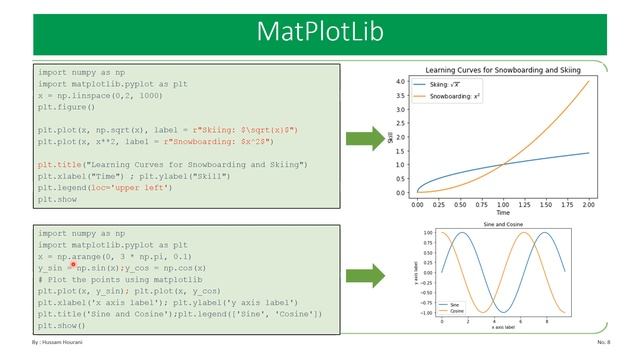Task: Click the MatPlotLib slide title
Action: click(319, 31)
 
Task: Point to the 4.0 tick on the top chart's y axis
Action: click(399, 81)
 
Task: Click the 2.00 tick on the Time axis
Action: click(588, 205)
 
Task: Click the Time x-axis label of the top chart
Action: click(503, 213)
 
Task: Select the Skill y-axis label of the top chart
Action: click(391, 137)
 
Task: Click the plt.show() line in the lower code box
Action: click(61, 326)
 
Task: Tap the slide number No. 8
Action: click(603, 343)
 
